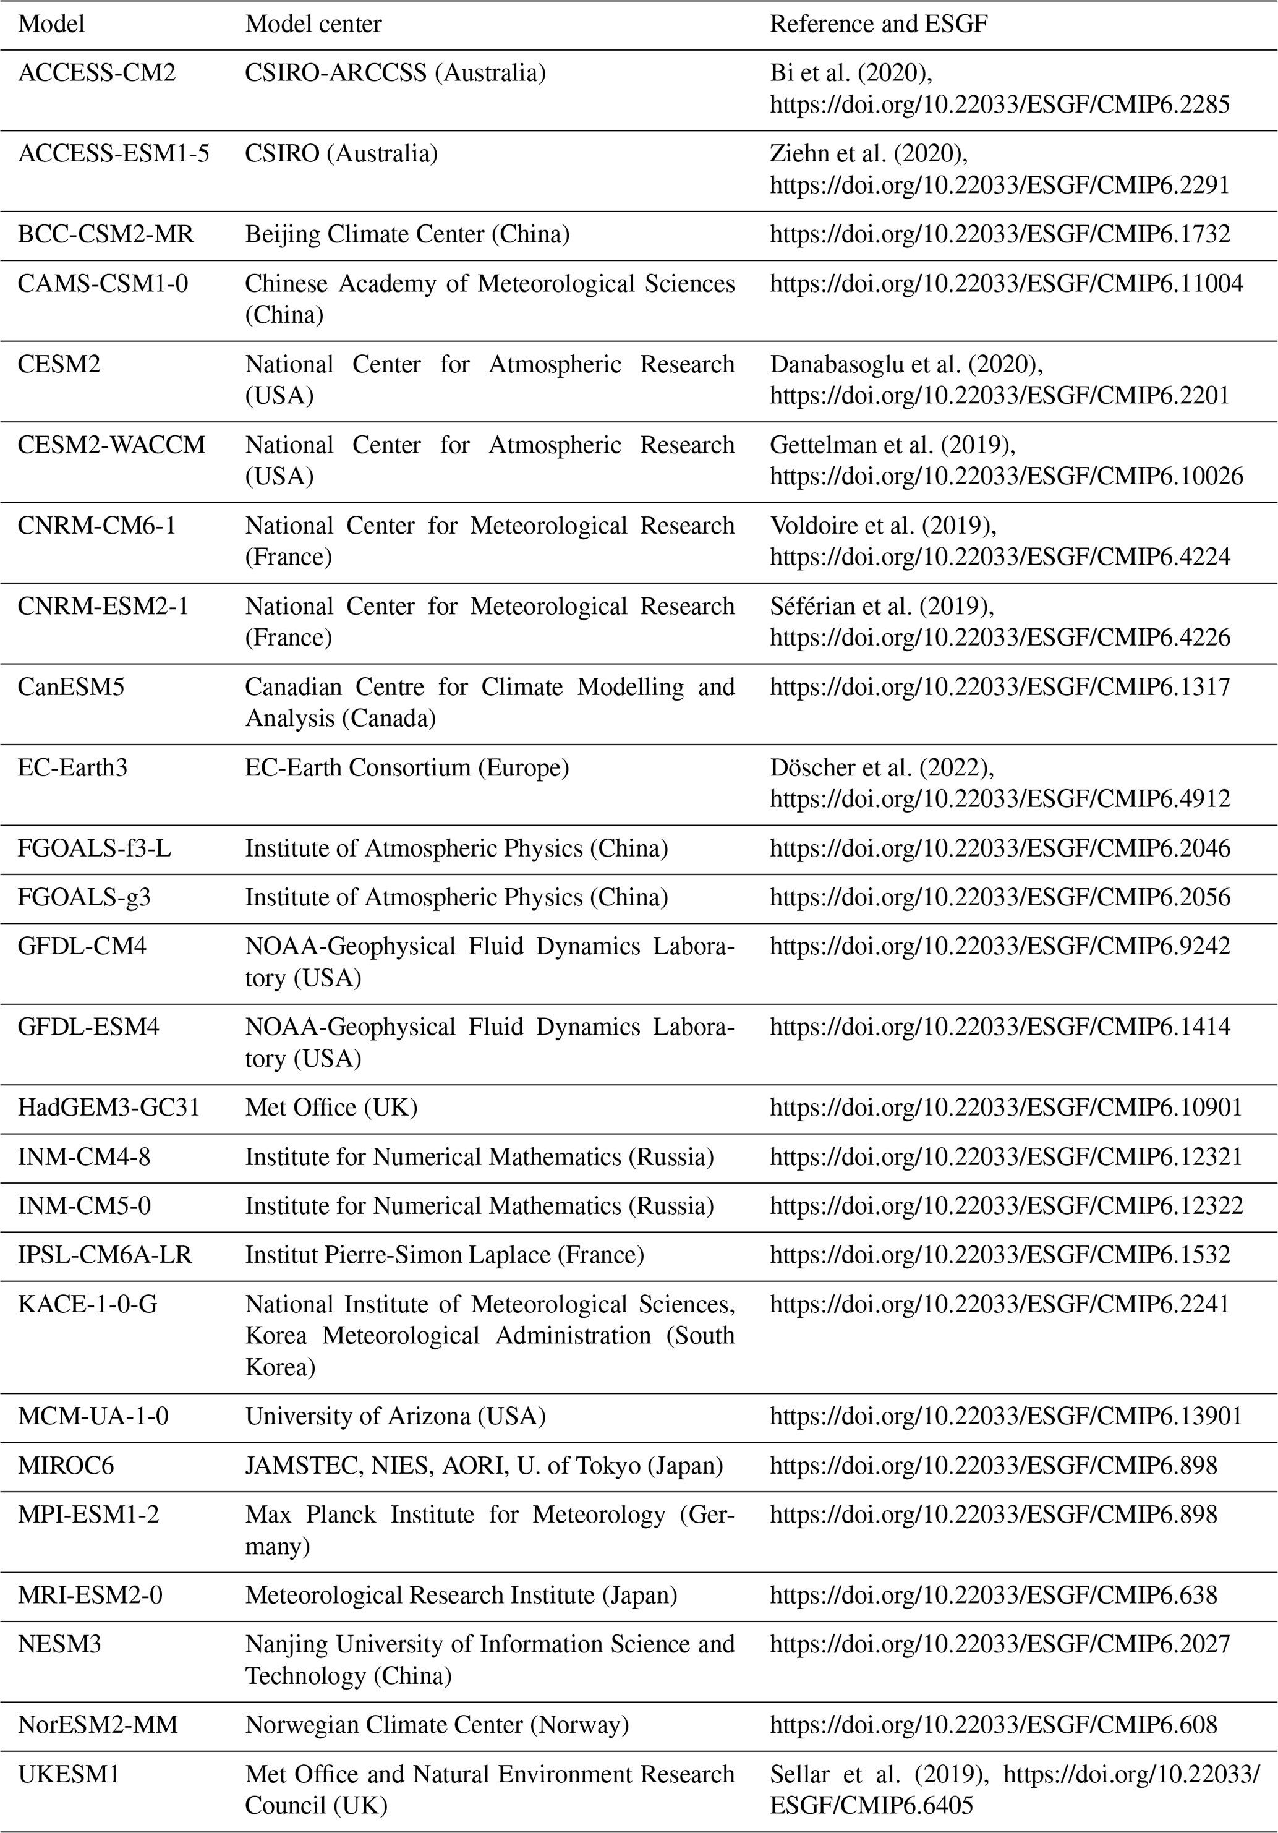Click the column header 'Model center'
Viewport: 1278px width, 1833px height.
(313, 24)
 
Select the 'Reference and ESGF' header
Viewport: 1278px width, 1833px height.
(878, 24)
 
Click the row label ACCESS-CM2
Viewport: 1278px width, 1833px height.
(96, 72)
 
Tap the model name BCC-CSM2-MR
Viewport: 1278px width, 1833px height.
(105, 234)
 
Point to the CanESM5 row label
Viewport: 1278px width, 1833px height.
(71, 686)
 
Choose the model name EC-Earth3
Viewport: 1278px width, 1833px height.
(72, 767)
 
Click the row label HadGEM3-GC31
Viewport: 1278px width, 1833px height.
(109, 1108)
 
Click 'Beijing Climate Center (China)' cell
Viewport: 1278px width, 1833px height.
(407, 234)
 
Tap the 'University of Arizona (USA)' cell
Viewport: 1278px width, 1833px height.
(395, 1416)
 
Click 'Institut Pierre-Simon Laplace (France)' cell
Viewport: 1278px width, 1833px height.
(444, 1254)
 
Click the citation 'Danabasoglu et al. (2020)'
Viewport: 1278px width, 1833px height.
(906, 364)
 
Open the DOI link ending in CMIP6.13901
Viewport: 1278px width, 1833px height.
(1006, 1416)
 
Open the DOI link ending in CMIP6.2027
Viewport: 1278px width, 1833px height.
(999, 1644)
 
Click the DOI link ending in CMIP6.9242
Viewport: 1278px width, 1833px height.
(999, 946)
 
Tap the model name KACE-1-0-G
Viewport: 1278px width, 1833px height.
(88, 1304)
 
